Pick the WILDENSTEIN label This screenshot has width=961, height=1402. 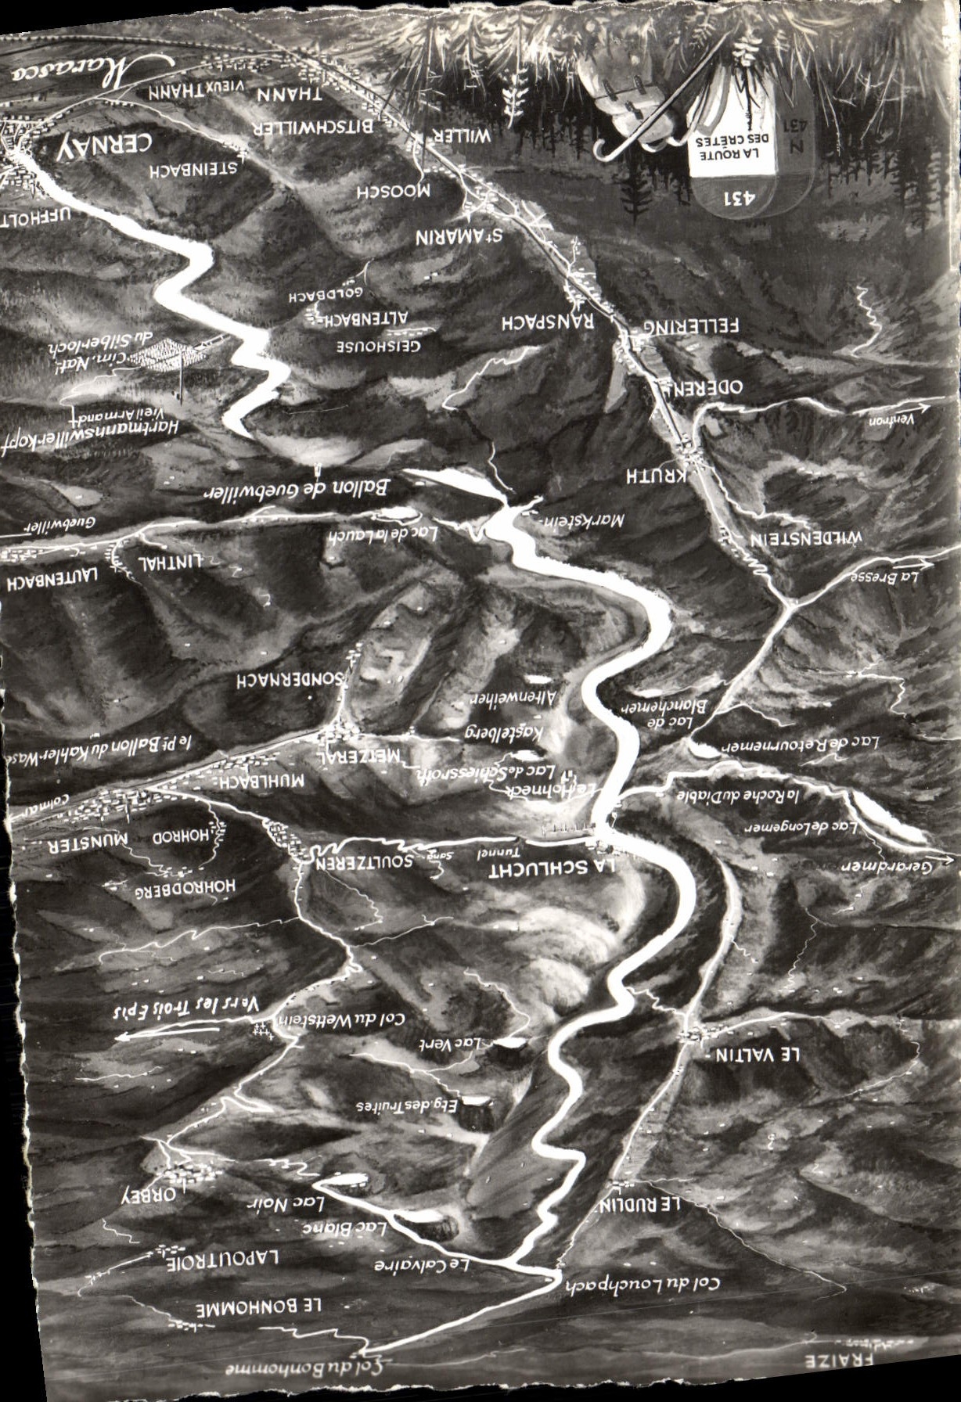[805, 539]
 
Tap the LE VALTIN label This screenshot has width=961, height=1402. [757, 1054]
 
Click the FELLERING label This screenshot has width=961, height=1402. [691, 325]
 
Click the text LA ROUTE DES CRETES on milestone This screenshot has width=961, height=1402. [730, 146]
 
